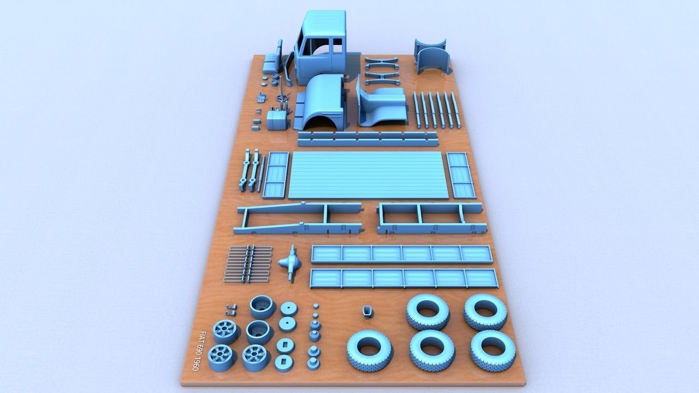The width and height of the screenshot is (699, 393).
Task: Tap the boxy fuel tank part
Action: (x=277, y=120)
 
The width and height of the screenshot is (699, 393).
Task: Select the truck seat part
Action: (x=271, y=61)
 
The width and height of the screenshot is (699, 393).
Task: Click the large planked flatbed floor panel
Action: (x=368, y=175)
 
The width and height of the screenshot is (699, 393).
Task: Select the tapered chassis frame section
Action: (x=298, y=218)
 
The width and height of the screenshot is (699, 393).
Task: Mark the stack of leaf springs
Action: (x=249, y=264)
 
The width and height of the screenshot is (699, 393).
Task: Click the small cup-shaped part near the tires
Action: (x=368, y=311)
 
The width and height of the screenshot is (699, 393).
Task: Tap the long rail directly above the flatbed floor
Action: (x=368, y=139)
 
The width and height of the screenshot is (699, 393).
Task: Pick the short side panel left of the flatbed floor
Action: (x=276, y=175)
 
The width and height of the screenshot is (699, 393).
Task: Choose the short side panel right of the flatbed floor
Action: (x=461, y=175)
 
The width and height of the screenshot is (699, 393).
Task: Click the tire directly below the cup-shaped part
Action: (x=370, y=349)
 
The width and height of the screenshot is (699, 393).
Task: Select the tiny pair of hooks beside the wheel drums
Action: (x=232, y=309)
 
